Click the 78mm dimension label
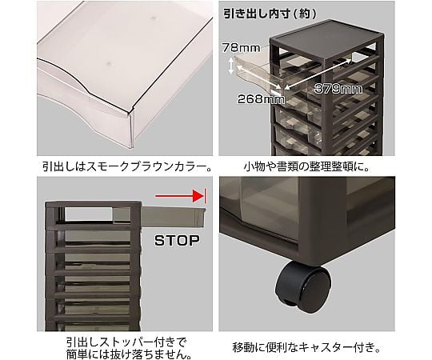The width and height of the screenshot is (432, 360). (x=241, y=48)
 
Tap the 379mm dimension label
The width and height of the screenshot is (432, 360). (x=338, y=89)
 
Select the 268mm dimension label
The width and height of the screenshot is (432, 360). (x=261, y=99)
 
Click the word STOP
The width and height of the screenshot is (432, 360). (x=177, y=241)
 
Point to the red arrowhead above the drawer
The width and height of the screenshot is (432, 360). (x=198, y=196)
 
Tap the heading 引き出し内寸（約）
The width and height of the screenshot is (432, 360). (x=270, y=14)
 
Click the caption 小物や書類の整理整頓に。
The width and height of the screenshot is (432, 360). (x=306, y=166)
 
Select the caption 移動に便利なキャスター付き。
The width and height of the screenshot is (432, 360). (x=306, y=348)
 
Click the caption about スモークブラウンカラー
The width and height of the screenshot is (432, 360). (x=127, y=166)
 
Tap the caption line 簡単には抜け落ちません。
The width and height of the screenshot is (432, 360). (x=129, y=354)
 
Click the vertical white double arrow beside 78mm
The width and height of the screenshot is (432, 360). (x=231, y=66)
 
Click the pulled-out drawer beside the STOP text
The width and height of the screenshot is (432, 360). (x=173, y=217)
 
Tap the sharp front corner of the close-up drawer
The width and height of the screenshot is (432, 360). (x=130, y=112)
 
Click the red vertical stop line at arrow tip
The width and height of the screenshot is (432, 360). (x=205, y=196)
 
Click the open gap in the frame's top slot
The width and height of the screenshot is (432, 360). (x=90, y=214)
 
